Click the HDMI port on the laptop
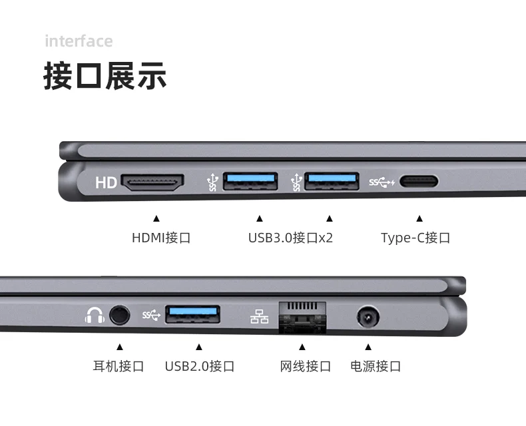152,182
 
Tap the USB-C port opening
419,182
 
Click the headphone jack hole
119,315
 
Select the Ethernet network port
302,318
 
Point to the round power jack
368,316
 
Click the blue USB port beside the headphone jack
192,314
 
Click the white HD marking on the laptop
106,183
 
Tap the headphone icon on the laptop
95,316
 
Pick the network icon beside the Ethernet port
259,316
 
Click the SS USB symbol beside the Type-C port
382,182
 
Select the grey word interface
79,41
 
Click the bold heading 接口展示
105,76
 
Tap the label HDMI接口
161,238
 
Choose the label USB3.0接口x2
290,238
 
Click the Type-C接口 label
415,238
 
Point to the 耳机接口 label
119,366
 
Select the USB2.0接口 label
200,366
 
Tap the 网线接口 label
305,366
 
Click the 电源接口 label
376,366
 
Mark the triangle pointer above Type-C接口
419,219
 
